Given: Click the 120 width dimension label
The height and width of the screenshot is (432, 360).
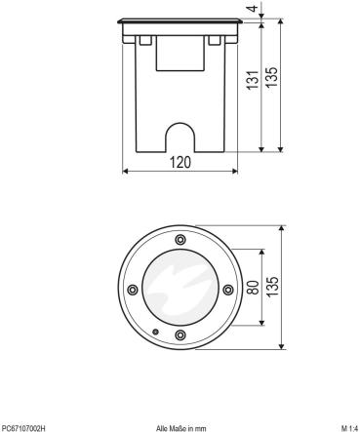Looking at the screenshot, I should (180, 163).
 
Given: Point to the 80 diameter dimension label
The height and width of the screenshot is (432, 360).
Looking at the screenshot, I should (252, 288).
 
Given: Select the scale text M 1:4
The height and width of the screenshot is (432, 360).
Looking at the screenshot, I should (346, 426).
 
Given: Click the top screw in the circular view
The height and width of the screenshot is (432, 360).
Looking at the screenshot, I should (180, 240).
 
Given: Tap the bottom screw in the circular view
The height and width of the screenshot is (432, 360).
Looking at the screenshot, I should (180, 335).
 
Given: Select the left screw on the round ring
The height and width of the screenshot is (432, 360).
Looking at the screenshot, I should (132, 288).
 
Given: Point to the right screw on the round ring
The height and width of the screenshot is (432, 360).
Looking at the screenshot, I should (227, 288).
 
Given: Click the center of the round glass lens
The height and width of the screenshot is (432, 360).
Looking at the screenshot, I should (180, 288).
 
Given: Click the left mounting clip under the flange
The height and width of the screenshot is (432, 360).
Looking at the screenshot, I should (142, 41).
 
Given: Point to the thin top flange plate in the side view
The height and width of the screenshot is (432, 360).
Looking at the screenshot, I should (180, 21).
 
